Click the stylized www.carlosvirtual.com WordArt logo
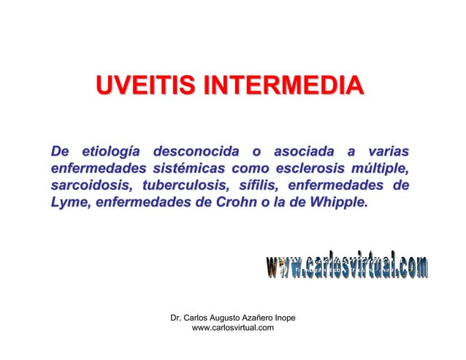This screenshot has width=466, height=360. [x=347, y=267]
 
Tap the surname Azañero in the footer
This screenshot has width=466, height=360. [x=264, y=318]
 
